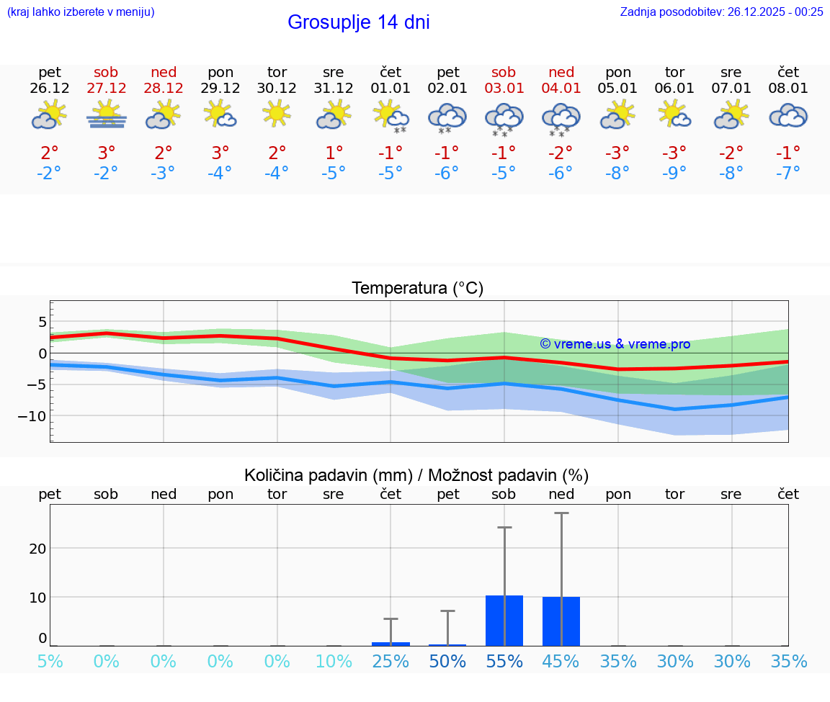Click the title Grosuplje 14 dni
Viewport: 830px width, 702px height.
click(x=358, y=22)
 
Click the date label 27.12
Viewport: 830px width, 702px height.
click(x=106, y=89)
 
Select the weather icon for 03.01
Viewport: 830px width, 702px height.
click(x=504, y=118)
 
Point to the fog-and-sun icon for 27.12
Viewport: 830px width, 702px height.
click(x=106, y=115)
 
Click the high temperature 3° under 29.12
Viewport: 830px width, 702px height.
click(x=220, y=153)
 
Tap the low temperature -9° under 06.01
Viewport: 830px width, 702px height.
click(x=674, y=174)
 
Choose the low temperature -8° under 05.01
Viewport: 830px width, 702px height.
click(x=618, y=174)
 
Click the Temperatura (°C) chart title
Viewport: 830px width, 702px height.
click(x=417, y=289)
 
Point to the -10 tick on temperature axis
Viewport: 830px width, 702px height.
click(x=33, y=416)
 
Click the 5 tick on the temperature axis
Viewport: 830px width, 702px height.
click(x=43, y=321)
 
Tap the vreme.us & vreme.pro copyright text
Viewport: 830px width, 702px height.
click(x=615, y=344)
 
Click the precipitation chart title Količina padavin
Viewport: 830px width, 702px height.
click(x=416, y=475)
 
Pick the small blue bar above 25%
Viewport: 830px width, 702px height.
click(x=391, y=644)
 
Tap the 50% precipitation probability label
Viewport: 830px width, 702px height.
click(x=447, y=662)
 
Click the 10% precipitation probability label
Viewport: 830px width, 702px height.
click(x=334, y=662)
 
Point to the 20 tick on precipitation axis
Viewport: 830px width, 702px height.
click(x=37, y=548)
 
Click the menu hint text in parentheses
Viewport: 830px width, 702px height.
click(x=81, y=12)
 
